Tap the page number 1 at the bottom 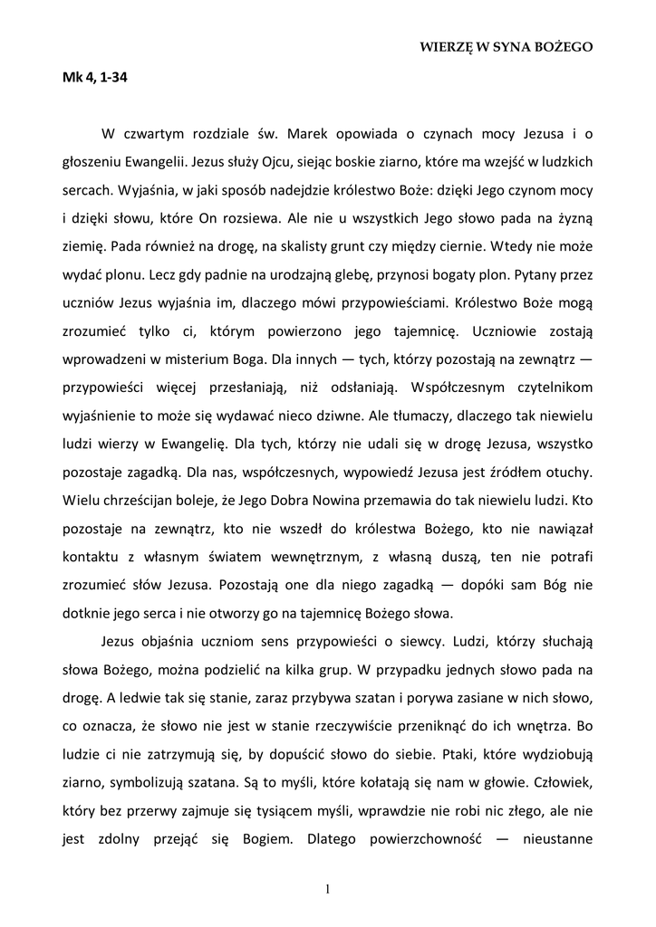click(327, 888)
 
